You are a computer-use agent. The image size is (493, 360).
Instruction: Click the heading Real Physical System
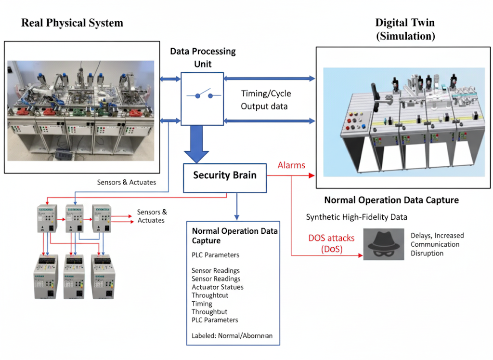[x=72, y=23]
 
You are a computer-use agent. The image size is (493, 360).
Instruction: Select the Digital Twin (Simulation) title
[x=405, y=29]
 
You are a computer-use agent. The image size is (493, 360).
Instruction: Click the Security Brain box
[x=225, y=175]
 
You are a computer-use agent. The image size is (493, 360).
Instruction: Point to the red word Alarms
[x=291, y=165]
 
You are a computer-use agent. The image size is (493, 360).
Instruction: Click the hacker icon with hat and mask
[x=383, y=244]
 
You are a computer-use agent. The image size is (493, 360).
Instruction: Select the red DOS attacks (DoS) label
[x=325, y=243]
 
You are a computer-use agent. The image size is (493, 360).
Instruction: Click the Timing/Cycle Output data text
[x=266, y=100]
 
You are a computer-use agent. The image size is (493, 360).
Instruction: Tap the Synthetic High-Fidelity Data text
[x=357, y=217]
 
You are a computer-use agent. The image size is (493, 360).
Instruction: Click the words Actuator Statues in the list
[x=218, y=287]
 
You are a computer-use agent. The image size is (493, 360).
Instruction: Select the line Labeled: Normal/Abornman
[x=229, y=336]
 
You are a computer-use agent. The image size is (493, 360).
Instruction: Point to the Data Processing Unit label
[x=203, y=57]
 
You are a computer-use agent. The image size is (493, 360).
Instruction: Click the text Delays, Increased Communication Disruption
[x=437, y=244]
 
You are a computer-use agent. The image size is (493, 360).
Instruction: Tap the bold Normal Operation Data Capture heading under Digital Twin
[x=391, y=200]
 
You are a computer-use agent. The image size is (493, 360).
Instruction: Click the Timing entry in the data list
[x=202, y=304]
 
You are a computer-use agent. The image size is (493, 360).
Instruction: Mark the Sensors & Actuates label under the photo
[x=127, y=182]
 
